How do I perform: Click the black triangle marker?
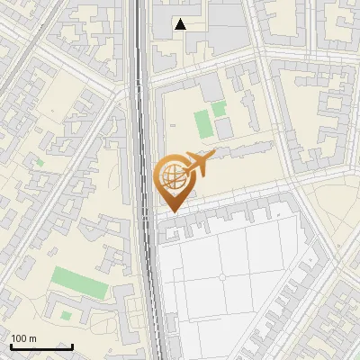coord(181,24)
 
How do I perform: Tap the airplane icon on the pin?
coord(197,163)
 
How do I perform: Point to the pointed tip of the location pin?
coord(172,211)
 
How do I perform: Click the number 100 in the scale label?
coord(18,338)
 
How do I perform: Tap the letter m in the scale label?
coord(32,338)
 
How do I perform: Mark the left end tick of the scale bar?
coord(10,346)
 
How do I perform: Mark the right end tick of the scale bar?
coord(72,346)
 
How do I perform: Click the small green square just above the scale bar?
coord(65,315)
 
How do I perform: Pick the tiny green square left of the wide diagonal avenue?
coord(39,163)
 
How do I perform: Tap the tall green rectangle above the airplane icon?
coord(204,124)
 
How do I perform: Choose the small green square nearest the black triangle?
coord(220,109)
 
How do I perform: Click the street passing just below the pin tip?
coord(225,201)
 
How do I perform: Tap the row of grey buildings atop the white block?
coord(234,219)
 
